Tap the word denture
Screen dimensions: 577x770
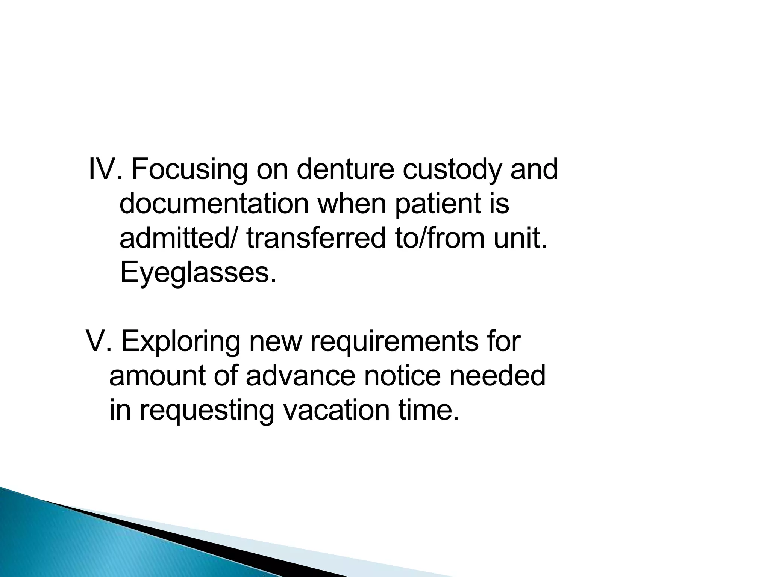click(345, 170)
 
